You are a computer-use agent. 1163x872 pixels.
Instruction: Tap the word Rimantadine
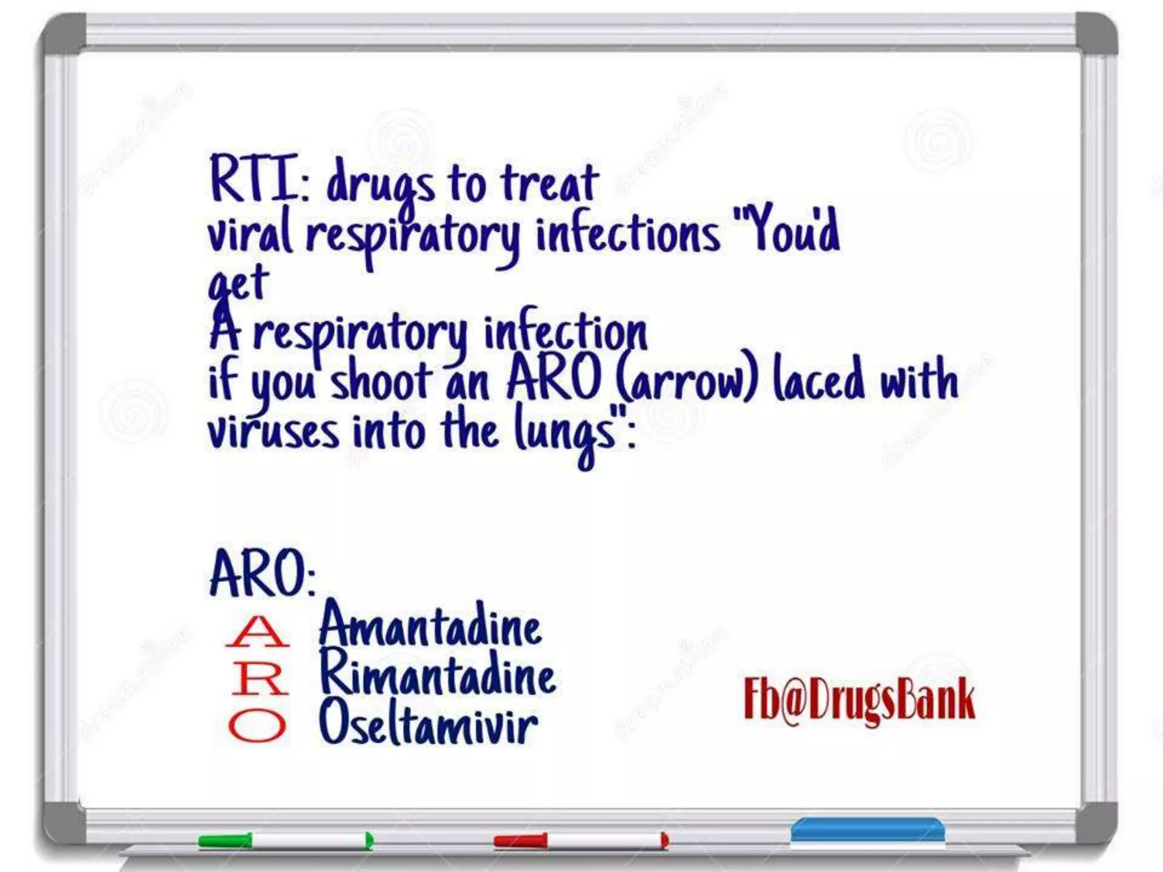click(437, 675)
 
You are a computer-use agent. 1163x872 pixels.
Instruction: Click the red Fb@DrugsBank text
click(859, 700)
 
